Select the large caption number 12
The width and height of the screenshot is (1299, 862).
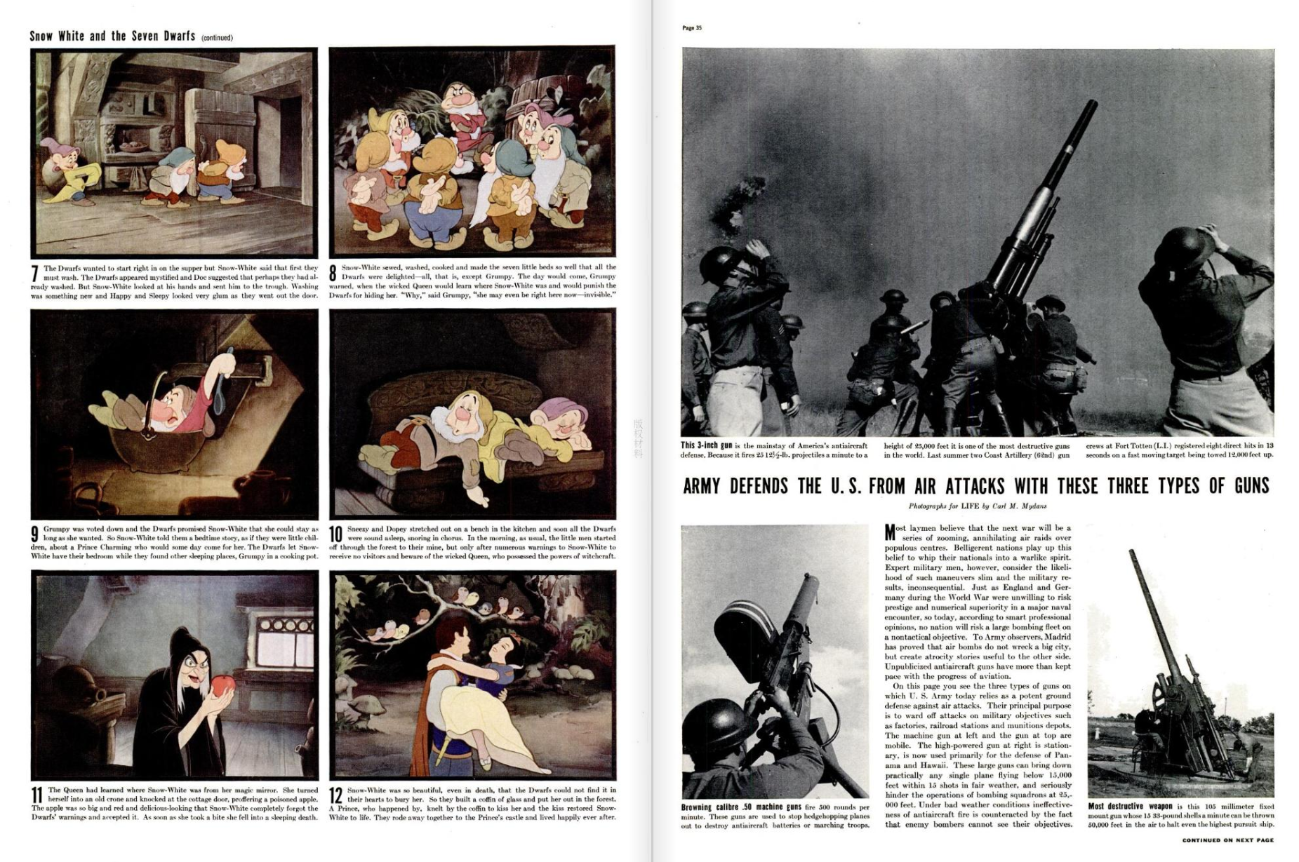coord(337,796)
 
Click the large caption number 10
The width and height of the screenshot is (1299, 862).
coord(337,536)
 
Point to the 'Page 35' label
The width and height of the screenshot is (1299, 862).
coord(691,28)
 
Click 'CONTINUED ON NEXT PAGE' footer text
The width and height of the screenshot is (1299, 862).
coord(1227,840)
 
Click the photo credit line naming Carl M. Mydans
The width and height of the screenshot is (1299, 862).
coord(978,506)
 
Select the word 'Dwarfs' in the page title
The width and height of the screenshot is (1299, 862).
coord(179,36)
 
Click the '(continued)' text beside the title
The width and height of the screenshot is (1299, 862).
coord(217,38)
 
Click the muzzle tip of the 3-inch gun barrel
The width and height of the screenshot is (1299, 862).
coord(1092,103)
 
